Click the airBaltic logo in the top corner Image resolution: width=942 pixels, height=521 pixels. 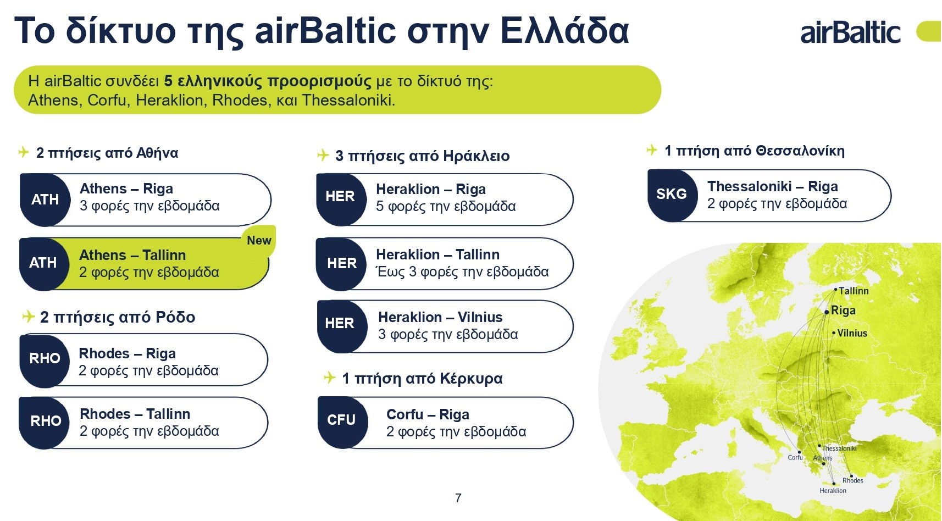850,33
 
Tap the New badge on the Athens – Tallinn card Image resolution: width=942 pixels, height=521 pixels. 259,241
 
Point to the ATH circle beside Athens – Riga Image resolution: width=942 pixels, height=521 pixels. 45,199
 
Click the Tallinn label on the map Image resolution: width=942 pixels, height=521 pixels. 854,291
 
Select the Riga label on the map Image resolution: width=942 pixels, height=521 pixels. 843,311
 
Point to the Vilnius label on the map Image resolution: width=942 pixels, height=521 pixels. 852,333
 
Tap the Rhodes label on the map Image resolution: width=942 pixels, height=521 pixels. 853,480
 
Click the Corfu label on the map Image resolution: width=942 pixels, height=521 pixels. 795,457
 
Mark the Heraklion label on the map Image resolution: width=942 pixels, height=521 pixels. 833,490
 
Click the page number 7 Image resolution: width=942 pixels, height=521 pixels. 458,498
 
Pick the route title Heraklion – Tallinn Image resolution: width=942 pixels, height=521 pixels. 438,254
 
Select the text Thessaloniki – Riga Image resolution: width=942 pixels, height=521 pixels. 773,186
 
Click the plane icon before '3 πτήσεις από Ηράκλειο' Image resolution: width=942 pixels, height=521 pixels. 323,155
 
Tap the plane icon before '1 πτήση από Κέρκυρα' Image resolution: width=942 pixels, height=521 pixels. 330,378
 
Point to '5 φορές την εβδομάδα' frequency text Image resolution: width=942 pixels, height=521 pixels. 446,207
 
